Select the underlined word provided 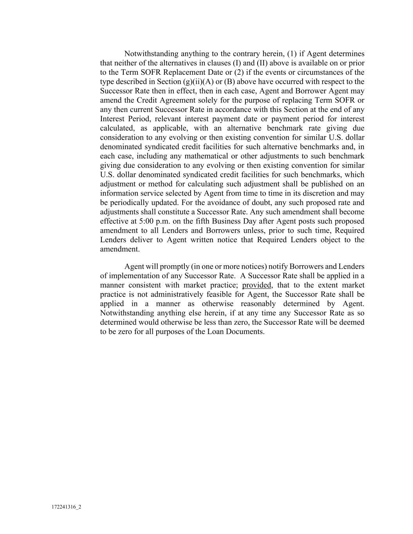(x=256, y=285)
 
